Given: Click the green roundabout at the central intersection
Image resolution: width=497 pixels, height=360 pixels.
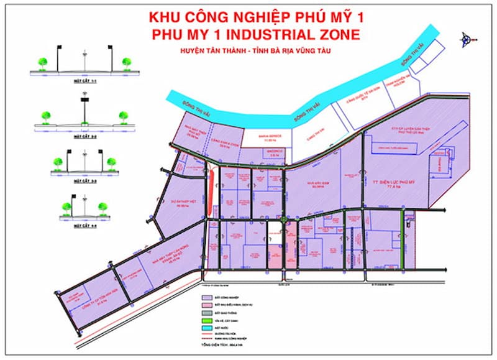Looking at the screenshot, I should [x=283, y=219].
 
